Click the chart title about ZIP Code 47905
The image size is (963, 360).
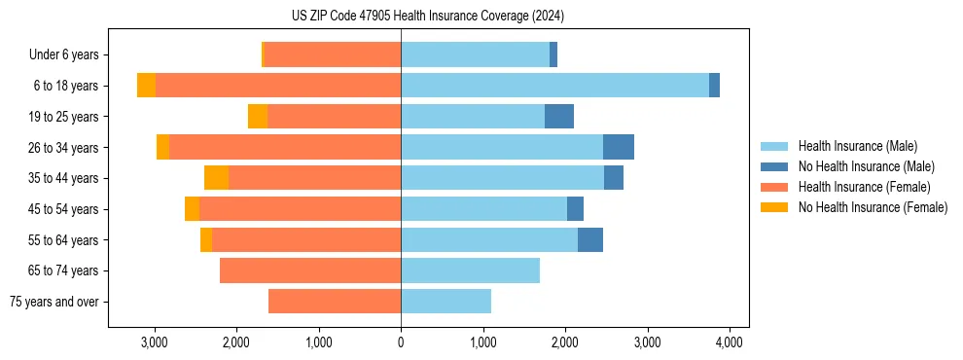coord(428,17)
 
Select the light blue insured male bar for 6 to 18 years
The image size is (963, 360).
coord(554,86)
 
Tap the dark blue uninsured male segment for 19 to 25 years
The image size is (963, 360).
coord(559,117)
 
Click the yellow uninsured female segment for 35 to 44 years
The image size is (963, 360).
coord(216,178)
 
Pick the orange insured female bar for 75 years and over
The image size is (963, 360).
coord(335,302)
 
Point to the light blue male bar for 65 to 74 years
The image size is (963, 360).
coord(470,270)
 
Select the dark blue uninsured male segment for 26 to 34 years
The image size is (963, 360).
coord(619,147)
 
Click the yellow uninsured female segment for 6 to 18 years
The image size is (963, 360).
coord(146,86)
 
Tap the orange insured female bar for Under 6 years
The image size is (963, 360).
coord(332,55)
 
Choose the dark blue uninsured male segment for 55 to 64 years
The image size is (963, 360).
coord(590,239)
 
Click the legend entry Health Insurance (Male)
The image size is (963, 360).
coord(857,146)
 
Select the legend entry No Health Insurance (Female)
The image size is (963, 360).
coord(873,207)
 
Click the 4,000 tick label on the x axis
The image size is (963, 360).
coord(730,342)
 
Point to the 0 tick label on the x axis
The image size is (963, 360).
coord(401,342)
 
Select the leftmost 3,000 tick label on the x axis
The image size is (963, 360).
coord(155,342)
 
